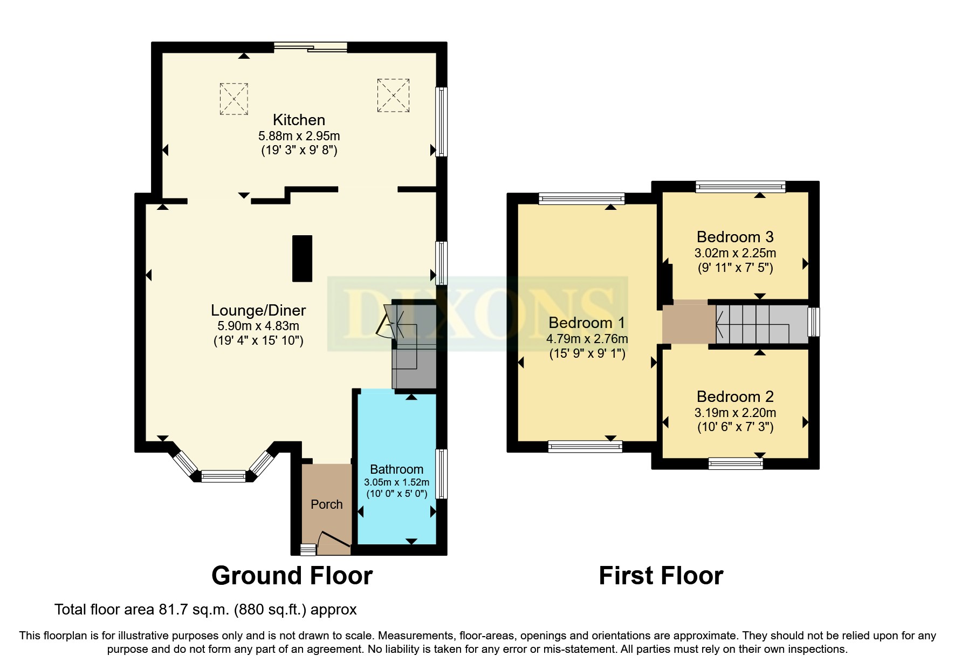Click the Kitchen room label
point(299,120)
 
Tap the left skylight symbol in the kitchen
point(233,99)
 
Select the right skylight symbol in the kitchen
point(393,95)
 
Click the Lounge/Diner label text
point(258,310)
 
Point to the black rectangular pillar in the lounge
point(302,258)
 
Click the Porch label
point(326,504)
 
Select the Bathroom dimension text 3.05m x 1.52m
point(396,482)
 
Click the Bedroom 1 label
point(587,323)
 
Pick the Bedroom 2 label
point(735,397)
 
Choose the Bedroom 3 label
point(735,237)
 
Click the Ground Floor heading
point(292,576)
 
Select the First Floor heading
point(661,576)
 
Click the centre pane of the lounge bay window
point(223,476)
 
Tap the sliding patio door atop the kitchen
point(311,47)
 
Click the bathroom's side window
point(442,474)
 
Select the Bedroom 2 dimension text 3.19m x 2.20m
point(735,413)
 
